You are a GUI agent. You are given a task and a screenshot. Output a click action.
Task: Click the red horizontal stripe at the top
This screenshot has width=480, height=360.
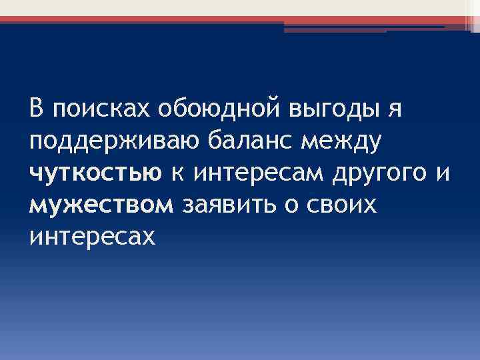click(x=200, y=20)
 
